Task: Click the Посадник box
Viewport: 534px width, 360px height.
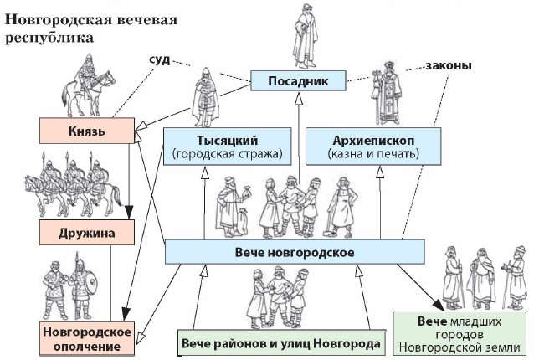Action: (x=299, y=81)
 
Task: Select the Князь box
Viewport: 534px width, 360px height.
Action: (x=87, y=131)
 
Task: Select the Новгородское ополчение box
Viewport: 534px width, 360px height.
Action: (x=87, y=339)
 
